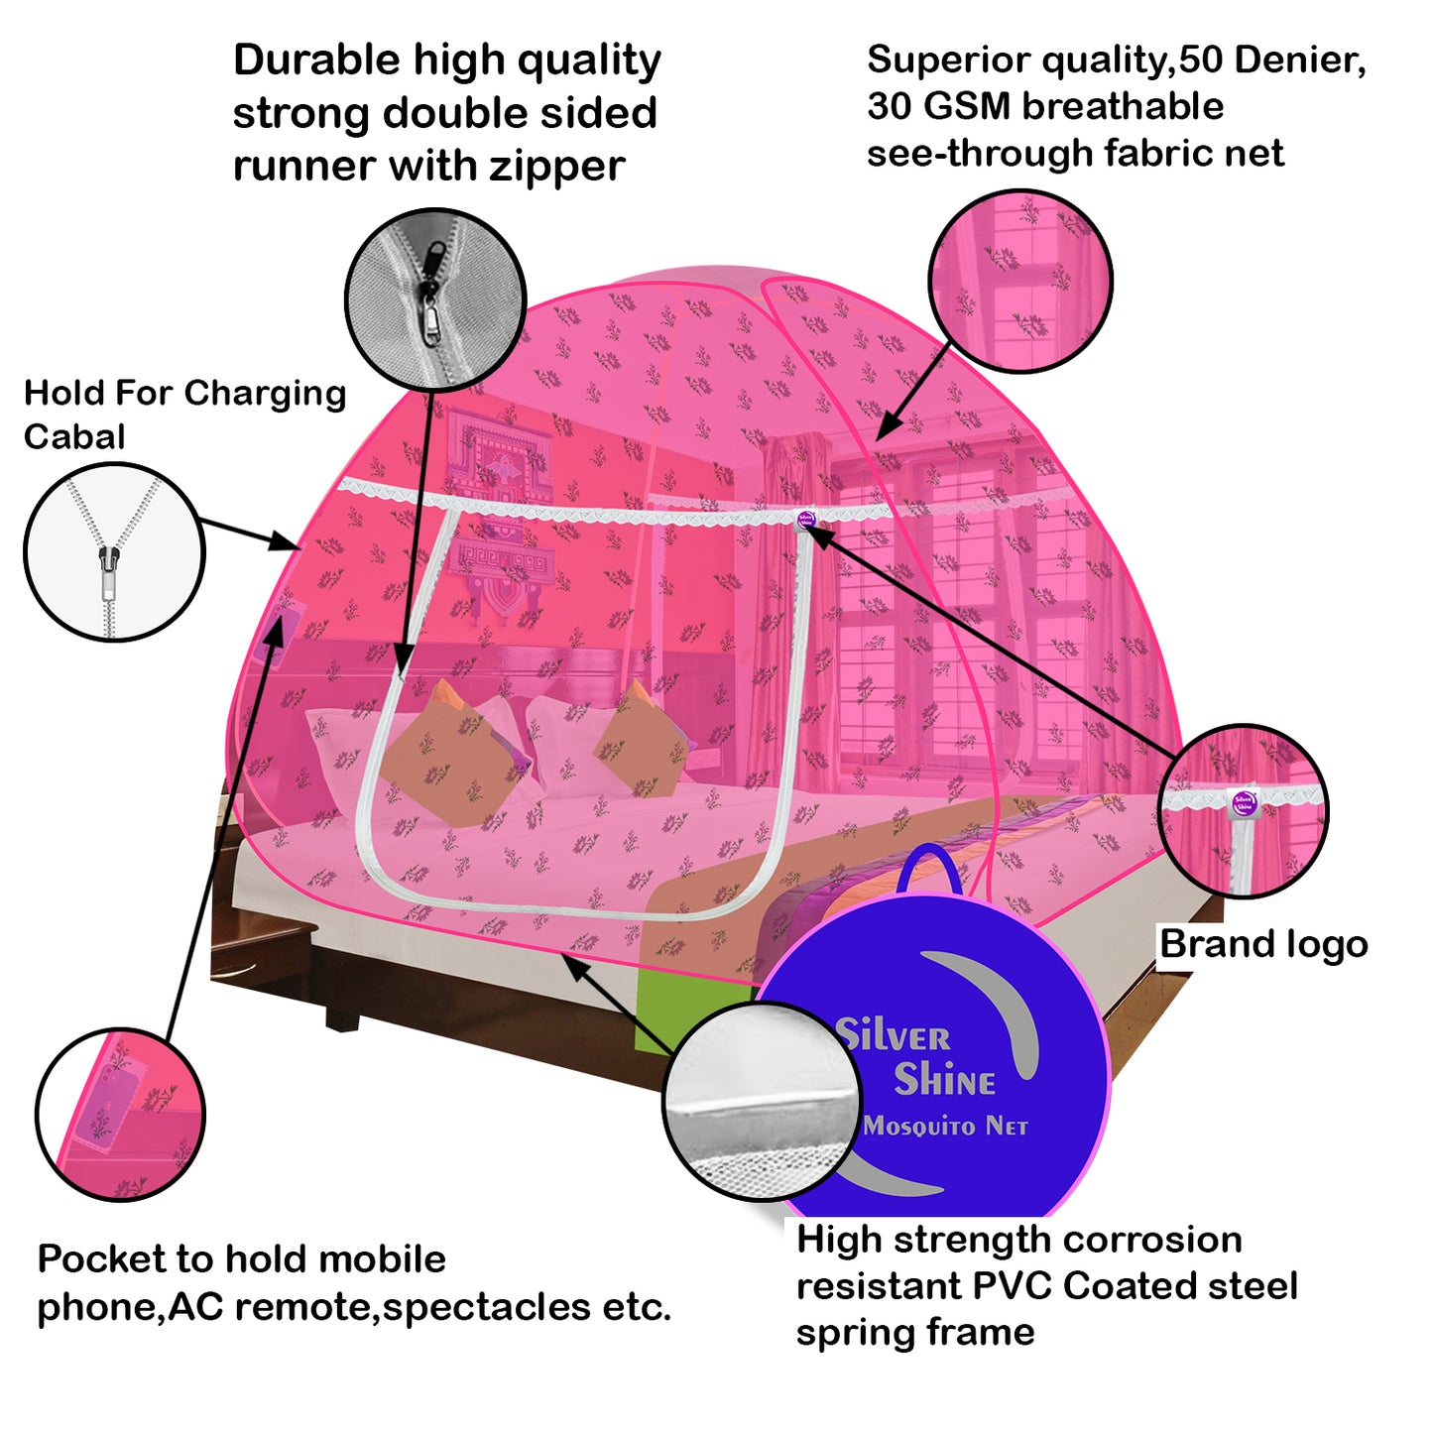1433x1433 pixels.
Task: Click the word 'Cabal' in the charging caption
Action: (x=74, y=436)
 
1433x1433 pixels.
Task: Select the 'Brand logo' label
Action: (x=1263, y=944)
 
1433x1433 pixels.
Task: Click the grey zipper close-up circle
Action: (x=434, y=298)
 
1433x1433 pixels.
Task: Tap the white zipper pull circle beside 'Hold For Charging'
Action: (x=114, y=552)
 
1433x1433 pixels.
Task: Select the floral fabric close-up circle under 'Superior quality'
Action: (x=1020, y=282)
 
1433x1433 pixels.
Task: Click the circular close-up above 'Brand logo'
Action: (x=1243, y=811)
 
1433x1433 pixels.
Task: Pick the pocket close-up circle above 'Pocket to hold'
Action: (x=121, y=1114)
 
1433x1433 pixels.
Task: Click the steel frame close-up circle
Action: (x=763, y=1101)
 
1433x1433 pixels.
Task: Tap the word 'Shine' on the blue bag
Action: (x=944, y=1080)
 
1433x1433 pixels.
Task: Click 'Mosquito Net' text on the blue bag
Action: (x=945, y=1127)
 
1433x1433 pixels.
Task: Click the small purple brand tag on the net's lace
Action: (x=806, y=519)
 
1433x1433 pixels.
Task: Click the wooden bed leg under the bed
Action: (x=342, y=1015)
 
